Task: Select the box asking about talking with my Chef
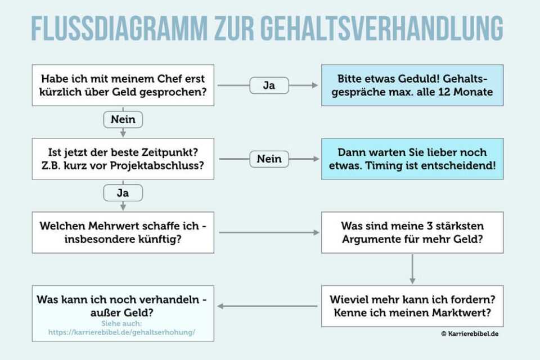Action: tap(123, 85)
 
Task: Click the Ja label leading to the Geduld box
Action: tap(269, 85)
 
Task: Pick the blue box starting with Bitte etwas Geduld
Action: tap(412, 85)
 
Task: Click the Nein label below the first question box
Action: tap(123, 120)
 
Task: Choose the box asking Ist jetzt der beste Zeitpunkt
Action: tap(123, 159)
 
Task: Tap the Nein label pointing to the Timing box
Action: tap(269, 159)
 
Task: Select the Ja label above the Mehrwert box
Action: tap(123, 193)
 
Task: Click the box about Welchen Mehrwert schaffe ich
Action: tap(123, 232)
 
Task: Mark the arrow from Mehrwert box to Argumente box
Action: tap(269, 232)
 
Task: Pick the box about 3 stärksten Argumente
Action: tap(412, 232)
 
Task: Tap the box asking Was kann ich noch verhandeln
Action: tap(123, 307)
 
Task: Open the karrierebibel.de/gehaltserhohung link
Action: tap(122, 332)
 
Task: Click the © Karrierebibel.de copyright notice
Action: tap(470, 334)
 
